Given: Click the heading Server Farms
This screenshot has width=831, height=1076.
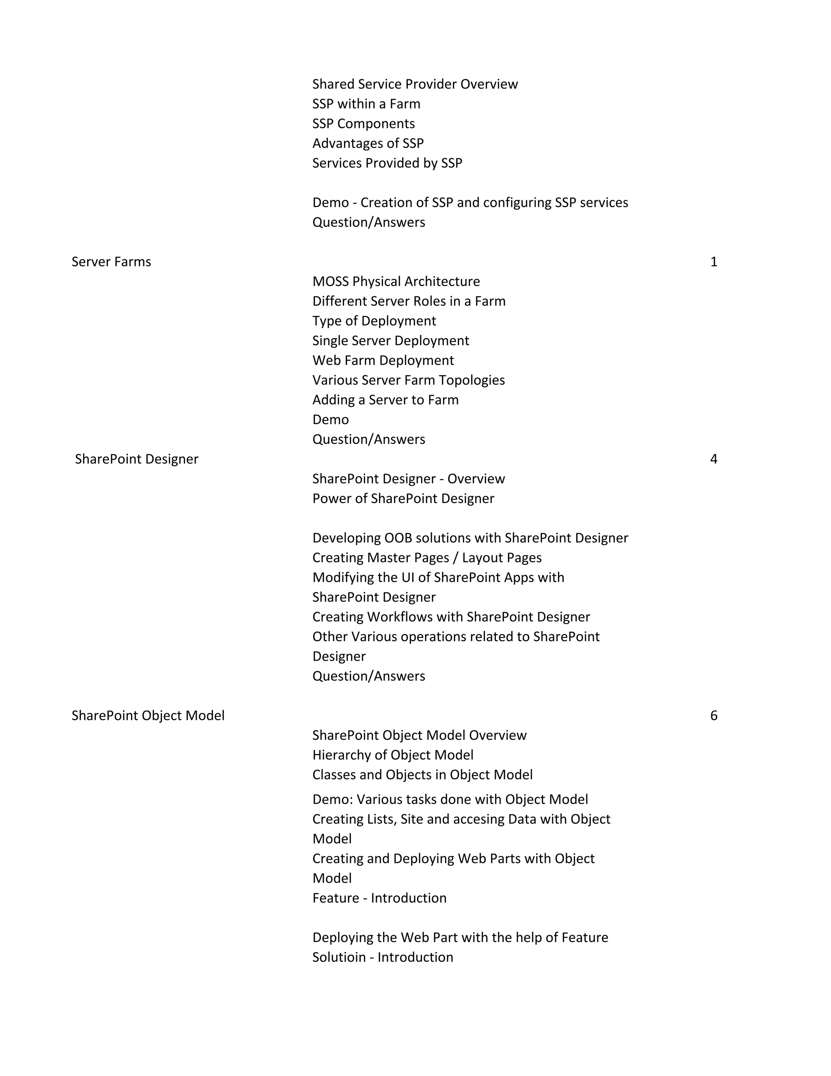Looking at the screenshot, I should pyautogui.click(x=111, y=261).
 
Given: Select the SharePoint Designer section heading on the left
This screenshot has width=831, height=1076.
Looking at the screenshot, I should pyautogui.click(x=136, y=459).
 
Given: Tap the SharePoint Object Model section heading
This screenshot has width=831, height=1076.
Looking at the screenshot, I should pyautogui.click(x=148, y=715).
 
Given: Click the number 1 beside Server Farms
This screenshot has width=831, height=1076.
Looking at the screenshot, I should pyautogui.click(x=714, y=261).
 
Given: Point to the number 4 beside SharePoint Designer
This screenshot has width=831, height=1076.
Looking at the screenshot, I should pyautogui.click(x=714, y=459).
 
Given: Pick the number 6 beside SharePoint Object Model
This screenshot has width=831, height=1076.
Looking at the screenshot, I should pyautogui.click(x=714, y=715).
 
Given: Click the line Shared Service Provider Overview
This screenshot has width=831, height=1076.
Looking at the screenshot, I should pyautogui.click(x=415, y=84).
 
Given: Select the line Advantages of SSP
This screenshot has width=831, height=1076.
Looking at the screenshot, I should pyautogui.click(x=368, y=143).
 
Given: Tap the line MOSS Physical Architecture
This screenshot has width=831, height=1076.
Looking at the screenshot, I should pyautogui.click(x=396, y=281).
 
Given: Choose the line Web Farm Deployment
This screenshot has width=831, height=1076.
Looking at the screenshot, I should pyautogui.click(x=383, y=360).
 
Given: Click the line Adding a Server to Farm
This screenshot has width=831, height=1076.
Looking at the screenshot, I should pyautogui.click(x=385, y=400).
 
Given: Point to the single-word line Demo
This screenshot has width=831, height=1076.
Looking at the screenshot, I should pyautogui.click(x=330, y=419).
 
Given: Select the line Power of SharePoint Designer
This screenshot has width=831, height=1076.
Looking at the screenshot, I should pyautogui.click(x=403, y=499).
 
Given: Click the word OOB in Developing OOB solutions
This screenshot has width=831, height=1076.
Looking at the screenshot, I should pyautogui.click(x=396, y=538).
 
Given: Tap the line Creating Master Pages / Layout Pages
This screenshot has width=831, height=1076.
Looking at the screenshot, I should pyautogui.click(x=427, y=558).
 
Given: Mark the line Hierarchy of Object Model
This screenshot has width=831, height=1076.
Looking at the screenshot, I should pyautogui.click(x=393, y=755).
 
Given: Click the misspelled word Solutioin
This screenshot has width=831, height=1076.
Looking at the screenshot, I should pyautogui.click(x=339, y=957).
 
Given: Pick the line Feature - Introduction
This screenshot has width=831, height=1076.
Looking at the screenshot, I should pyautogui.click(x=379, y=898).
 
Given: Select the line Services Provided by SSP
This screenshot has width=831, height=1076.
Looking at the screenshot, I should pyautogui.click(x=388, y=163).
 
